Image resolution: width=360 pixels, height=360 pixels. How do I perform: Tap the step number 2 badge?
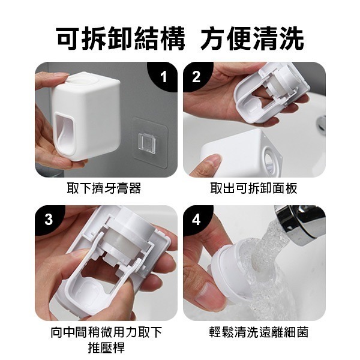[x=196, y=76]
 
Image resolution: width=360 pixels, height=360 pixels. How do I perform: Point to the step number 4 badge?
[x=196, y=219]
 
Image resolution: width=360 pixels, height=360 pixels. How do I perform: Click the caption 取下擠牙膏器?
[x=103, y=188]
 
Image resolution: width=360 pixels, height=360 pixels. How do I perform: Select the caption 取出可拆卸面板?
[x=254, y=188]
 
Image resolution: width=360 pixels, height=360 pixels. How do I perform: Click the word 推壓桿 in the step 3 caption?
[x=105, y=347]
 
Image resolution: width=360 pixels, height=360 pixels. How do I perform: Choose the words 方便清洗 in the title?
[x=252, y=38]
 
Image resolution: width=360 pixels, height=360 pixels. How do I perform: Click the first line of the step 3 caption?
[x=105, y=332]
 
